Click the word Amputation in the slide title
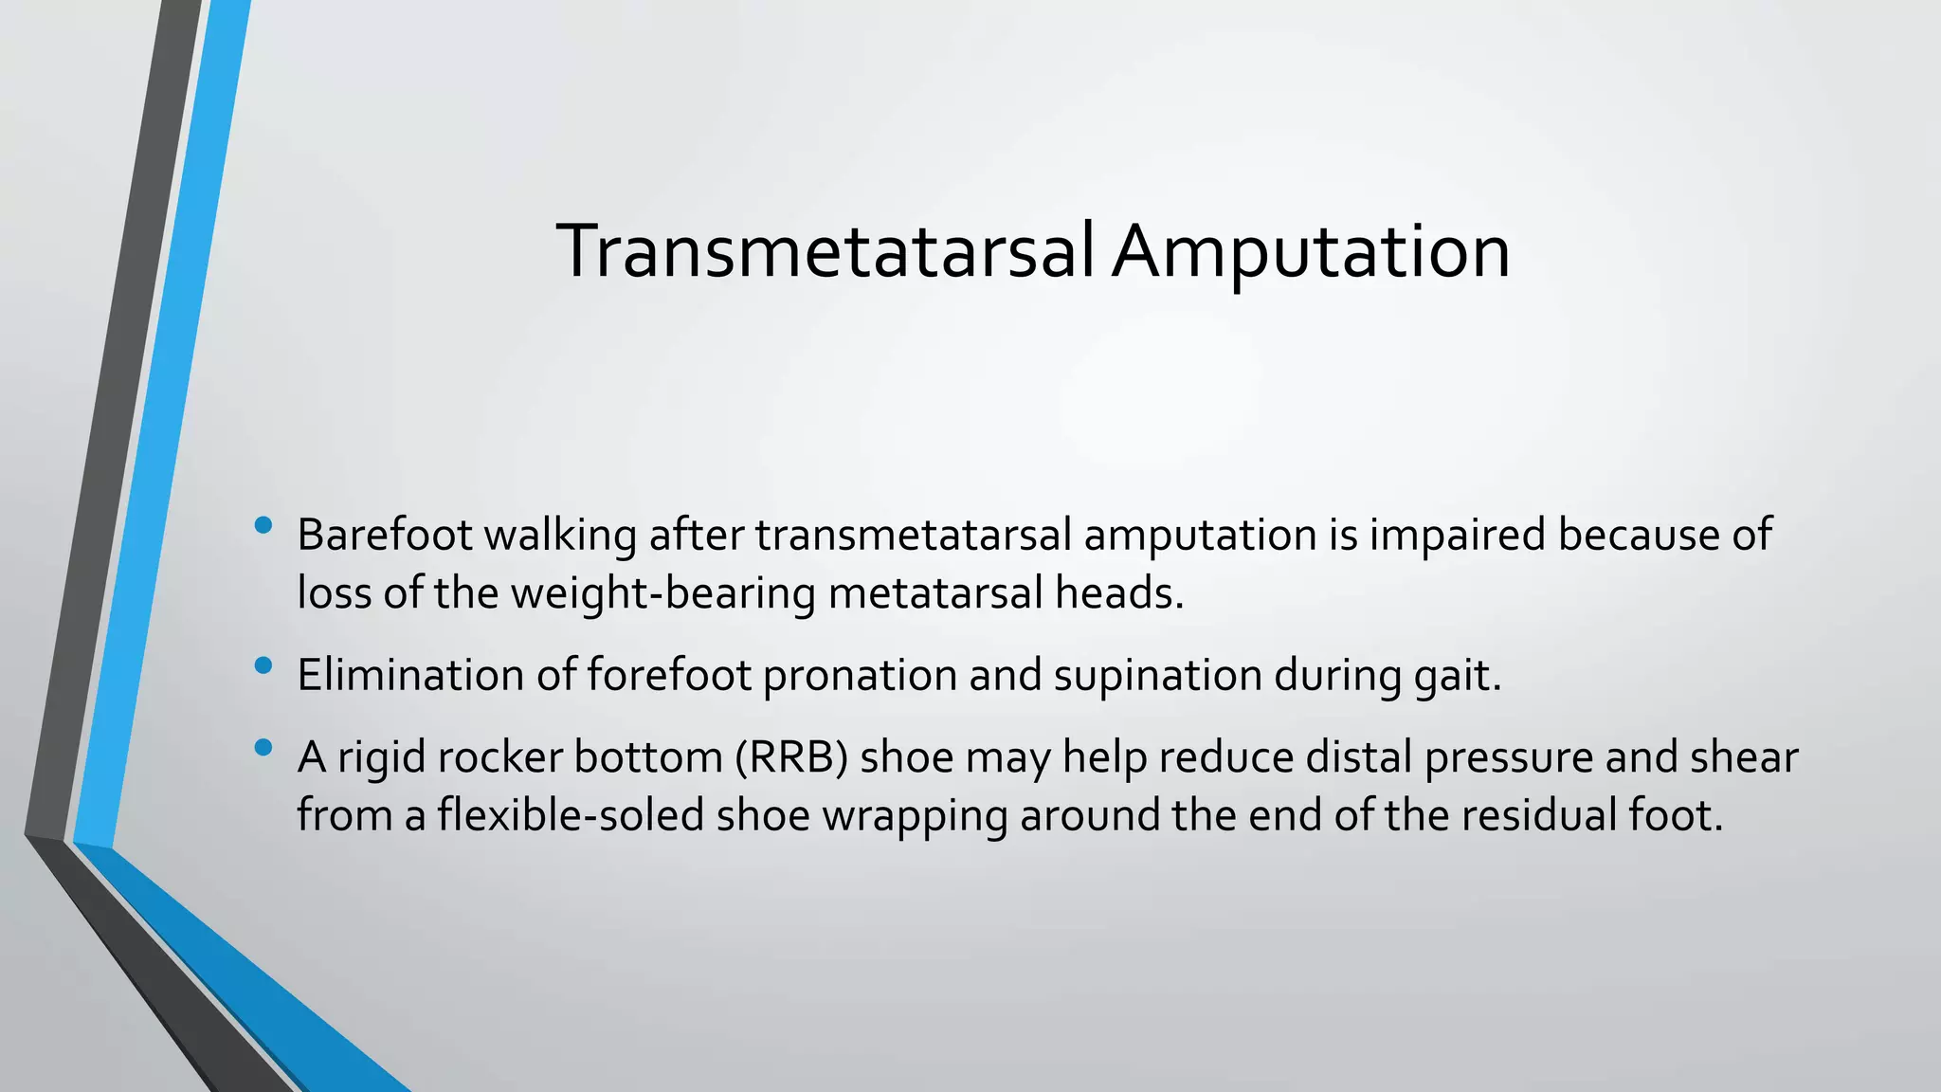1311,253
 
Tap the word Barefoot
384,535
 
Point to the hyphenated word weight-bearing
663,595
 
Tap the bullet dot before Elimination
263,665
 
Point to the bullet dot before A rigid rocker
263,748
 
